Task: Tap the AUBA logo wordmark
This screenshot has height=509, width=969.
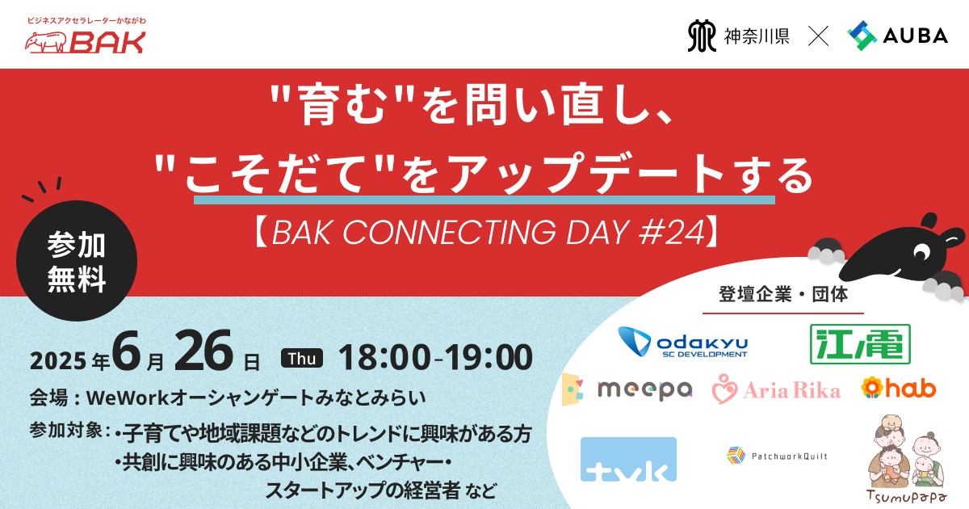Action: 916,36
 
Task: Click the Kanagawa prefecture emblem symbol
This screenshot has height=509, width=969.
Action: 701,36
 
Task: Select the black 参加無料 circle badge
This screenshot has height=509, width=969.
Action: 77,260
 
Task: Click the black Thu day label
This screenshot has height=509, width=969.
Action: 302,358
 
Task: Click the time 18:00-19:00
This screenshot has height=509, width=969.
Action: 435,357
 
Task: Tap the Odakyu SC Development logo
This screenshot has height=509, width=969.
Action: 682,342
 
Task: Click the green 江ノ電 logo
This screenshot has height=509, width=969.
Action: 860,344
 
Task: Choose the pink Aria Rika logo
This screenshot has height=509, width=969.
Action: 776,389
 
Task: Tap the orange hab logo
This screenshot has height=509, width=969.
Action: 899,387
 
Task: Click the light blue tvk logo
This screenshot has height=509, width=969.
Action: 628,459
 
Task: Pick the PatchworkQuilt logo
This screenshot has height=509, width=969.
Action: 777,456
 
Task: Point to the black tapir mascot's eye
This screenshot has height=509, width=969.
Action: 921,251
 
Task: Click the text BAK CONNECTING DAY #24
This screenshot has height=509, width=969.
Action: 489,233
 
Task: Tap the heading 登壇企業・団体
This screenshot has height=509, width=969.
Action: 783,294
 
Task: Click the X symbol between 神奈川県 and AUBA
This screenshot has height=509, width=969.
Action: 818,36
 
